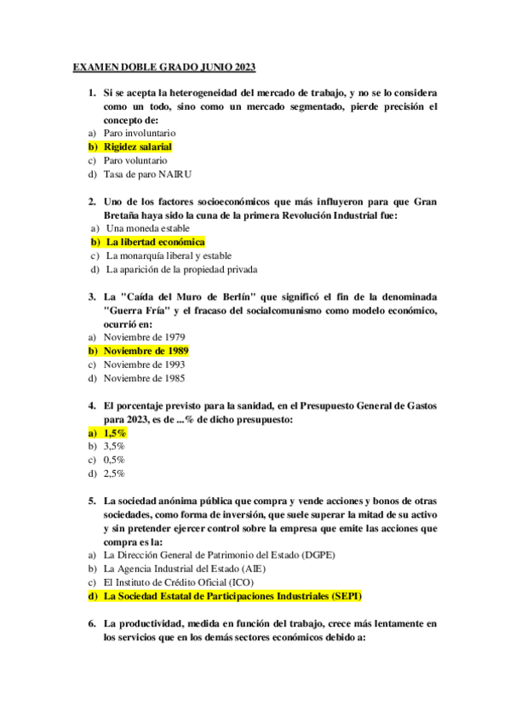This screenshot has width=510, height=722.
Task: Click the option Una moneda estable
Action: click(147, 228)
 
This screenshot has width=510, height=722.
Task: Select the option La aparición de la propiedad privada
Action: click(181, 269)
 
